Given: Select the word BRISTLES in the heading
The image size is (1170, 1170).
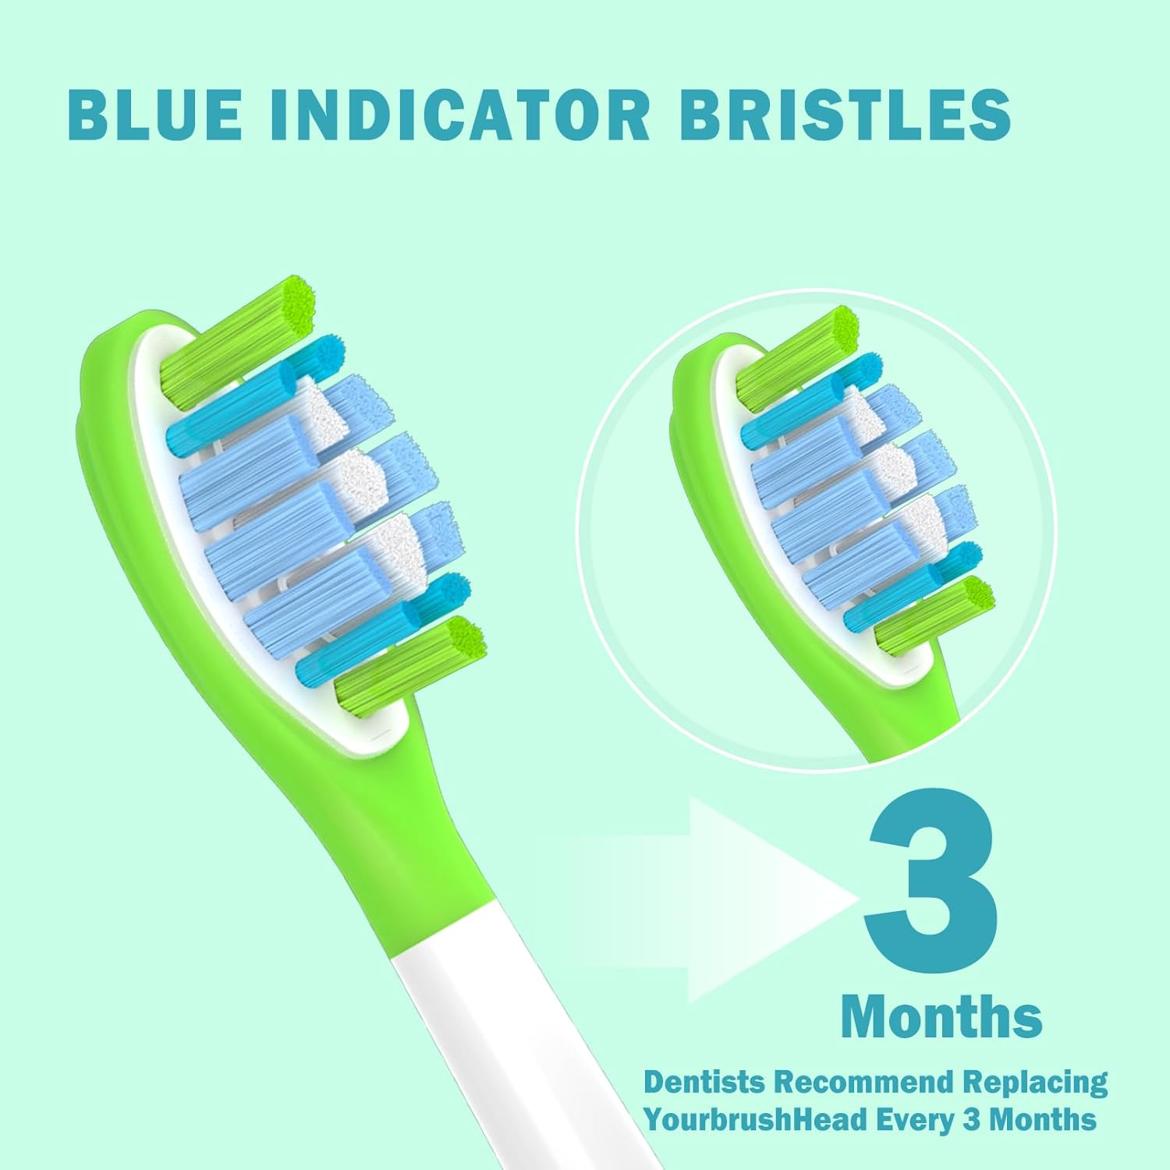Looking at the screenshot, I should [x=845, y=115].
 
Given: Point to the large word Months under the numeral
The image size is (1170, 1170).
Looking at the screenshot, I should [x=941, y=1016].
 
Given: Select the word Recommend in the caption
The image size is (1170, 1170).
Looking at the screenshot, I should [x=863, y=1083].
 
